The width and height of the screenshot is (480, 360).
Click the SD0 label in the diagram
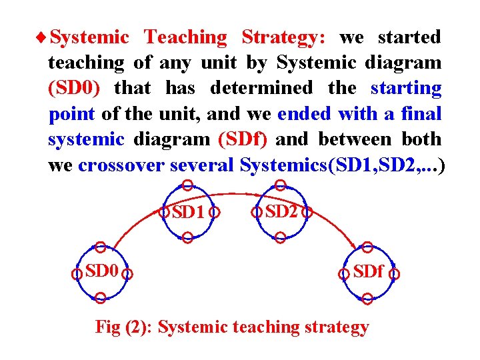click(101, 271)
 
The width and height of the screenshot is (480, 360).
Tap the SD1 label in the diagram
click(187, 213)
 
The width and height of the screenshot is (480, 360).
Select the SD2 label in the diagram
click(281, 212)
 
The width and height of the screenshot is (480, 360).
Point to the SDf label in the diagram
click(368, 272)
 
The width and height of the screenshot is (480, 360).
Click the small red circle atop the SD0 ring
click(100, 247)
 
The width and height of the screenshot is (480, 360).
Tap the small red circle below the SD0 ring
click(100, 298)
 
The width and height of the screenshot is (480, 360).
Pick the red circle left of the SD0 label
click(77, 273)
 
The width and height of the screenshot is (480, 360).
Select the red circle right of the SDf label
click(395, 273)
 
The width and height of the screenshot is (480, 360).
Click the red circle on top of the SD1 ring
click(188, 185)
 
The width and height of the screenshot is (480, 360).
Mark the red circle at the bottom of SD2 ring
click(281, 237)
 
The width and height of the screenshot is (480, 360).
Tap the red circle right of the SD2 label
click(307, 213)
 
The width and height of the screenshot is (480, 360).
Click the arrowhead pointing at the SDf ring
click(351, 244)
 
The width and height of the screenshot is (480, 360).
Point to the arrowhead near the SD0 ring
click(115, 245)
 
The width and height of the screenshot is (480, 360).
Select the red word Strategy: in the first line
click(283, 37)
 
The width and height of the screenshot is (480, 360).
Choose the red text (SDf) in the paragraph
click(243, 139)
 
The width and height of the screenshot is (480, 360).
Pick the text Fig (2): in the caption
click(125, 327)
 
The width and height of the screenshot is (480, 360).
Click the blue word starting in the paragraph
click(405, 88)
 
